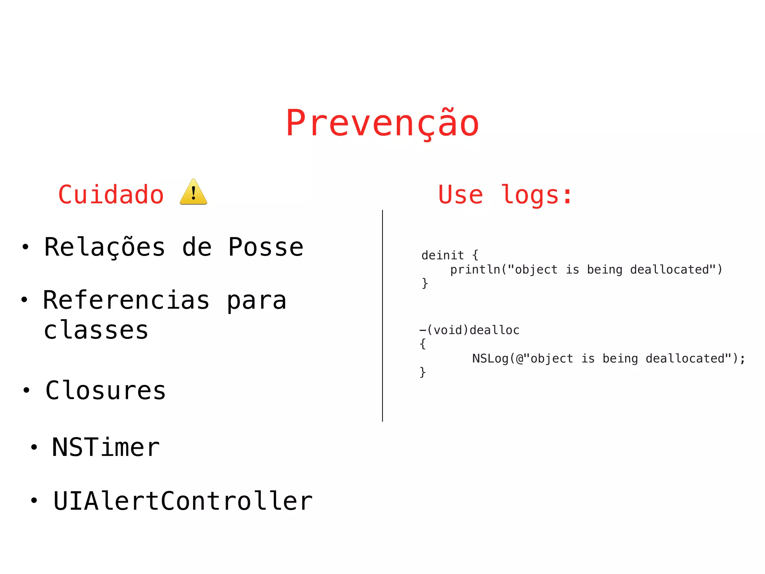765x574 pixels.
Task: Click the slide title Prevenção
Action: pos(382,123)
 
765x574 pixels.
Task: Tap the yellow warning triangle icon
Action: pos(193,192)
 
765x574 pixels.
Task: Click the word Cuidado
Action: pos(111,195)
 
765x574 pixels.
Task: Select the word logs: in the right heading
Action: pos(536,195)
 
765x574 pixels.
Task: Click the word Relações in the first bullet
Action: pos(105,247)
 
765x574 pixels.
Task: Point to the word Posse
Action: pos(266,247)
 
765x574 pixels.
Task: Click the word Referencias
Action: pos(126,300)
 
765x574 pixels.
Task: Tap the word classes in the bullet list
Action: pos(96,330)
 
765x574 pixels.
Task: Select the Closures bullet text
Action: pos(106,391)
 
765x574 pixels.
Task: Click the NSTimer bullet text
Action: pos(106,447)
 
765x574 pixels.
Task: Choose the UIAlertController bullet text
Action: pos(183,501)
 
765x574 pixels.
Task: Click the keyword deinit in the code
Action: pos(443,256)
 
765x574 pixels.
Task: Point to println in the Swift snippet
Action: pos(475,270)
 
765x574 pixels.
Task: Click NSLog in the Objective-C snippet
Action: pos(490,359)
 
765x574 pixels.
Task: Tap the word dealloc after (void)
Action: pos(495,330)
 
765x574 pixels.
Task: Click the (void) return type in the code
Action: pos(447,330)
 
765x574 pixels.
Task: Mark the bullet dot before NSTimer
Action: pos(34,447)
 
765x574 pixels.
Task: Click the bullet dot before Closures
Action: pos(26,390)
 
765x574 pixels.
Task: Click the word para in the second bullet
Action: pos(257,300)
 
